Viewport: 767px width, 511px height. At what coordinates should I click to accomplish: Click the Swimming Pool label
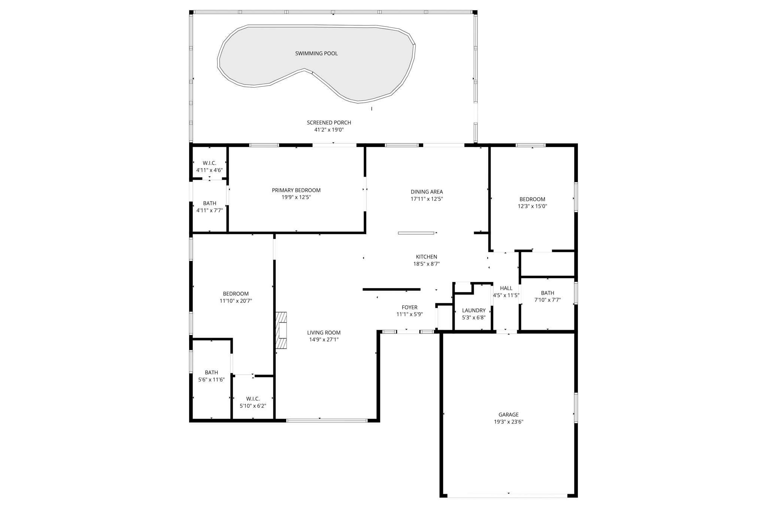pos(316,54)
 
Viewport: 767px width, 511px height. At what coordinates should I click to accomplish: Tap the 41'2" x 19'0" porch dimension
pos(329,130)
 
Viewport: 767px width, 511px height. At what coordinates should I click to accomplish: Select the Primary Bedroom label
pos(296,190)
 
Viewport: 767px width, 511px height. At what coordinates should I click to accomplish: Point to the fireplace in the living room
pos(282,331)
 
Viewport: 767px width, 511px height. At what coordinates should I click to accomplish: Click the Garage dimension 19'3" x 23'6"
pos(508,422)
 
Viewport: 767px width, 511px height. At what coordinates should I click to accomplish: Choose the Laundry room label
pos(473,310)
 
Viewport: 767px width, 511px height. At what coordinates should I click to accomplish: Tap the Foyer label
pos(409,307)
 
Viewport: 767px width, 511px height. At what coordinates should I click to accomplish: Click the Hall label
pos(506,288)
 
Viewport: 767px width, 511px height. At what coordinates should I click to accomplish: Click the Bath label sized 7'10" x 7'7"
pos(547,293)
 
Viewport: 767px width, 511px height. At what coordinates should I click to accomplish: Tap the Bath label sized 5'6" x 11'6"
pos(211,372)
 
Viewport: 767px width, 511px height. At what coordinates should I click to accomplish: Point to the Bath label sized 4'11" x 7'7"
pos(209,203)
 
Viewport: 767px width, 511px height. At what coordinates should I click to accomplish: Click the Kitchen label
pos(426,257)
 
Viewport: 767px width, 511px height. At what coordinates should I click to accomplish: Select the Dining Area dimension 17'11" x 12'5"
pos(427,199)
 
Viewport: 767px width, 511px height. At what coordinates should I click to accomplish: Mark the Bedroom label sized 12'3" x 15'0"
pos(532,199)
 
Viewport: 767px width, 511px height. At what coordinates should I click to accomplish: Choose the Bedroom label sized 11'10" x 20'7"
pos(236,294)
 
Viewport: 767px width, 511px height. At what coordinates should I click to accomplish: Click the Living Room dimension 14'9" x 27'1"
pos(324,340)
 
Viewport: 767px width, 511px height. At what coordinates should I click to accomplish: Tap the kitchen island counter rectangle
pos(416,233)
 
